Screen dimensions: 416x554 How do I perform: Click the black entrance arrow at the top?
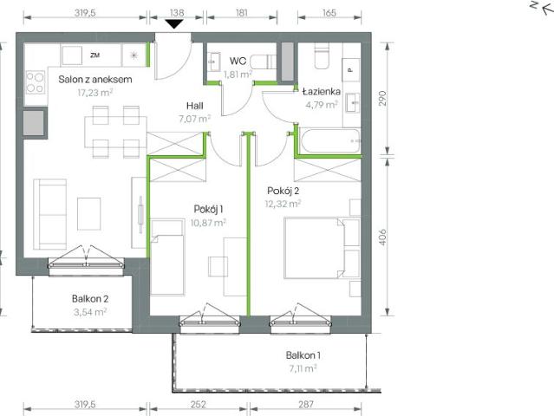(175, 23)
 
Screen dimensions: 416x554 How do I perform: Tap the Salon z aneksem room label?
(95, 80)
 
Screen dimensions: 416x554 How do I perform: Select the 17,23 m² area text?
(95, 92)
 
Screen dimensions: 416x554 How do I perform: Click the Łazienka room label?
(321, 89)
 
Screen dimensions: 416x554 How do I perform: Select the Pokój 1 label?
(208, 208)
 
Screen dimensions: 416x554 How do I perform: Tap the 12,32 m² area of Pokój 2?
(284, 205)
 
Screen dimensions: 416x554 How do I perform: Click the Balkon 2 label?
(90, 299)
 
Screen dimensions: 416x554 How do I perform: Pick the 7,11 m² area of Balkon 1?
(303, 367)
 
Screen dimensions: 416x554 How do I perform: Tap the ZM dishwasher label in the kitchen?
(95, 55)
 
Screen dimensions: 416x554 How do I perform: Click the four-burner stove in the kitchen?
(36, 82)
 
